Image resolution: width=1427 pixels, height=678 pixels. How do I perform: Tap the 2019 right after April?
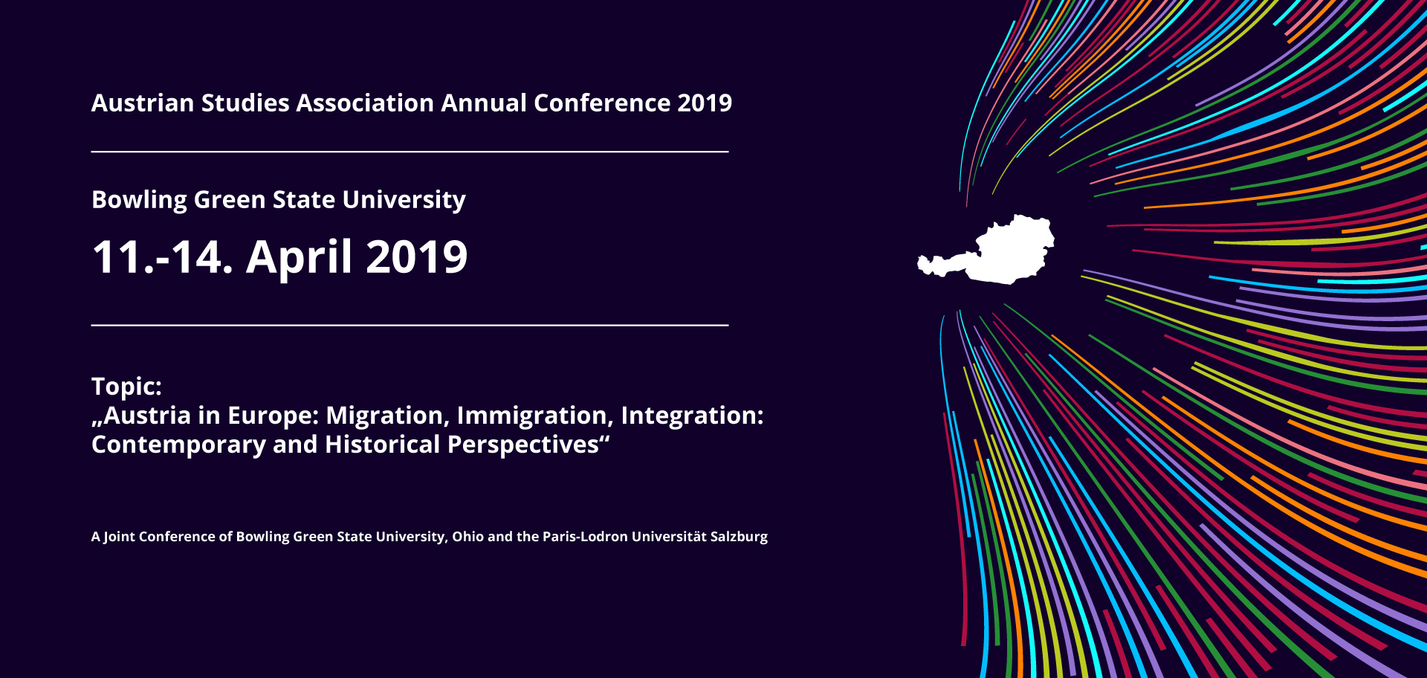tap(417, 257)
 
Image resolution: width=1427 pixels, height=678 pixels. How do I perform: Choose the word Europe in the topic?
tap(273, 416)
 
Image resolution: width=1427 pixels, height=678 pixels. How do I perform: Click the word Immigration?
tap(535, 416)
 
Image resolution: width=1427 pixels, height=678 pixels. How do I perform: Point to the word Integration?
tap(689, 416)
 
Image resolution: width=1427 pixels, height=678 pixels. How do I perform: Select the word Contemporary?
tap(178, 445)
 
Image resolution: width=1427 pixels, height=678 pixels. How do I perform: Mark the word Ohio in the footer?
tap(467, 537)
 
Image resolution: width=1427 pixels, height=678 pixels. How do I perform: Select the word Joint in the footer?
tap(119, 537)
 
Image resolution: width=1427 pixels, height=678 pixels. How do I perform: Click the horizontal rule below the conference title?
tap(410, 152)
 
